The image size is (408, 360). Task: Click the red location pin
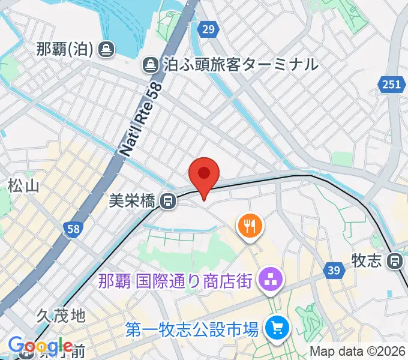pos(204,175)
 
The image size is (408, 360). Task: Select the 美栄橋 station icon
pos(169,201)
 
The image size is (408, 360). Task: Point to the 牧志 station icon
pos(395,260)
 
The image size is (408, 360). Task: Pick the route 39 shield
pos(335,271)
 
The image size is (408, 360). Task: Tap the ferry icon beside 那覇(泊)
pos(106,49)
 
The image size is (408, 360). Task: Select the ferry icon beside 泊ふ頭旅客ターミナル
pos(149,64)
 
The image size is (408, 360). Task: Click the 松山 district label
pos(24,186)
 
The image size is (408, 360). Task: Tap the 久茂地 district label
pos(61,315)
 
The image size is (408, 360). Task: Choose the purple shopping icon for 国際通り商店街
pos(267,279)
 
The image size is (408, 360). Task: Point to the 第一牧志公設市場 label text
pos(192,329)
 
